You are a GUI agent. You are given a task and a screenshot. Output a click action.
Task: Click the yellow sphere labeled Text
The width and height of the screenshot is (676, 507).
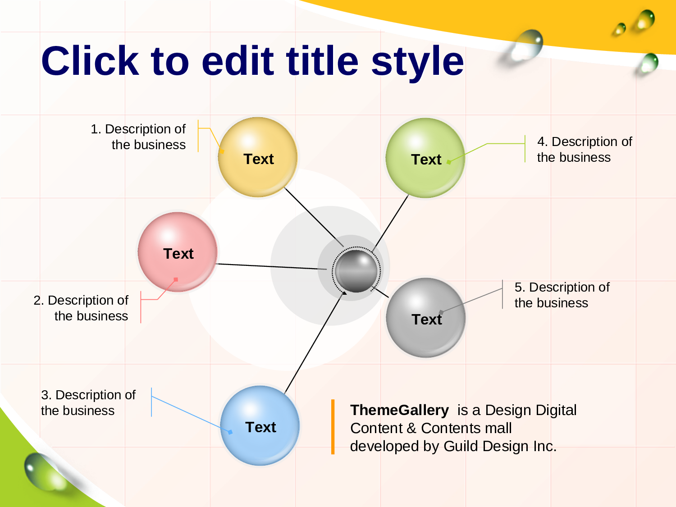pos(258,157)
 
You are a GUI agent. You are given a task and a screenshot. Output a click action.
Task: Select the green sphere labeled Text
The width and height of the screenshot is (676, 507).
pos(425,158)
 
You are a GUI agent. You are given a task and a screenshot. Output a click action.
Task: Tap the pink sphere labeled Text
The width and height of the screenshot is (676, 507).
pos(178,252)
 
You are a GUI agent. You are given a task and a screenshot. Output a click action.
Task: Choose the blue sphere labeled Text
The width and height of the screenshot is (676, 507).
pos(260,426)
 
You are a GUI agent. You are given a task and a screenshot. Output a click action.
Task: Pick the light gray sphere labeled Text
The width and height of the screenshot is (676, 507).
pos(425,318)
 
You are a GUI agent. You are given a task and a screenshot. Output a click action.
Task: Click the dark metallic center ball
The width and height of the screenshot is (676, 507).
pos(356,271)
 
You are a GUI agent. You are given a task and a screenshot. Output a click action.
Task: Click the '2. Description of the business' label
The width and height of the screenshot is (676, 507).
pos(81,308)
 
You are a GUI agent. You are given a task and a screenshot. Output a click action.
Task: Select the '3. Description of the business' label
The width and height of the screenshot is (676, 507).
pos(88,402)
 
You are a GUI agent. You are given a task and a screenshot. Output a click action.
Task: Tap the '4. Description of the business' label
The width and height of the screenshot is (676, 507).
pos(585,149)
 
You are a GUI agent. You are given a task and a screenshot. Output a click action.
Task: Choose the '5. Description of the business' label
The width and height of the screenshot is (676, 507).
pos(562,295)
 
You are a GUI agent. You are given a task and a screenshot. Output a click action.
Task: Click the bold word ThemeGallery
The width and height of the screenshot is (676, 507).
pos(399,410)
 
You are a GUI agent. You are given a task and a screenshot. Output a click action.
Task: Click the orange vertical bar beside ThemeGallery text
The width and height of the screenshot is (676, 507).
pos(333,427)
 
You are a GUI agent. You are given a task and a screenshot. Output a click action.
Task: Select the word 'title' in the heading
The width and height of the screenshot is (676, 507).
pos(322,60)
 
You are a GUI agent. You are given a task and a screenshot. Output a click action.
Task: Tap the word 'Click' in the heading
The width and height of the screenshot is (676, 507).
pos(90,60)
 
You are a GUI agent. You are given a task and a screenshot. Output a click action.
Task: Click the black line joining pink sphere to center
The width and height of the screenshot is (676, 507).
pos(271,267)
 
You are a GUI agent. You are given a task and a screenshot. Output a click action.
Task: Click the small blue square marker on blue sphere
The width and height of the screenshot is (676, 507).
pos(230,432)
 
